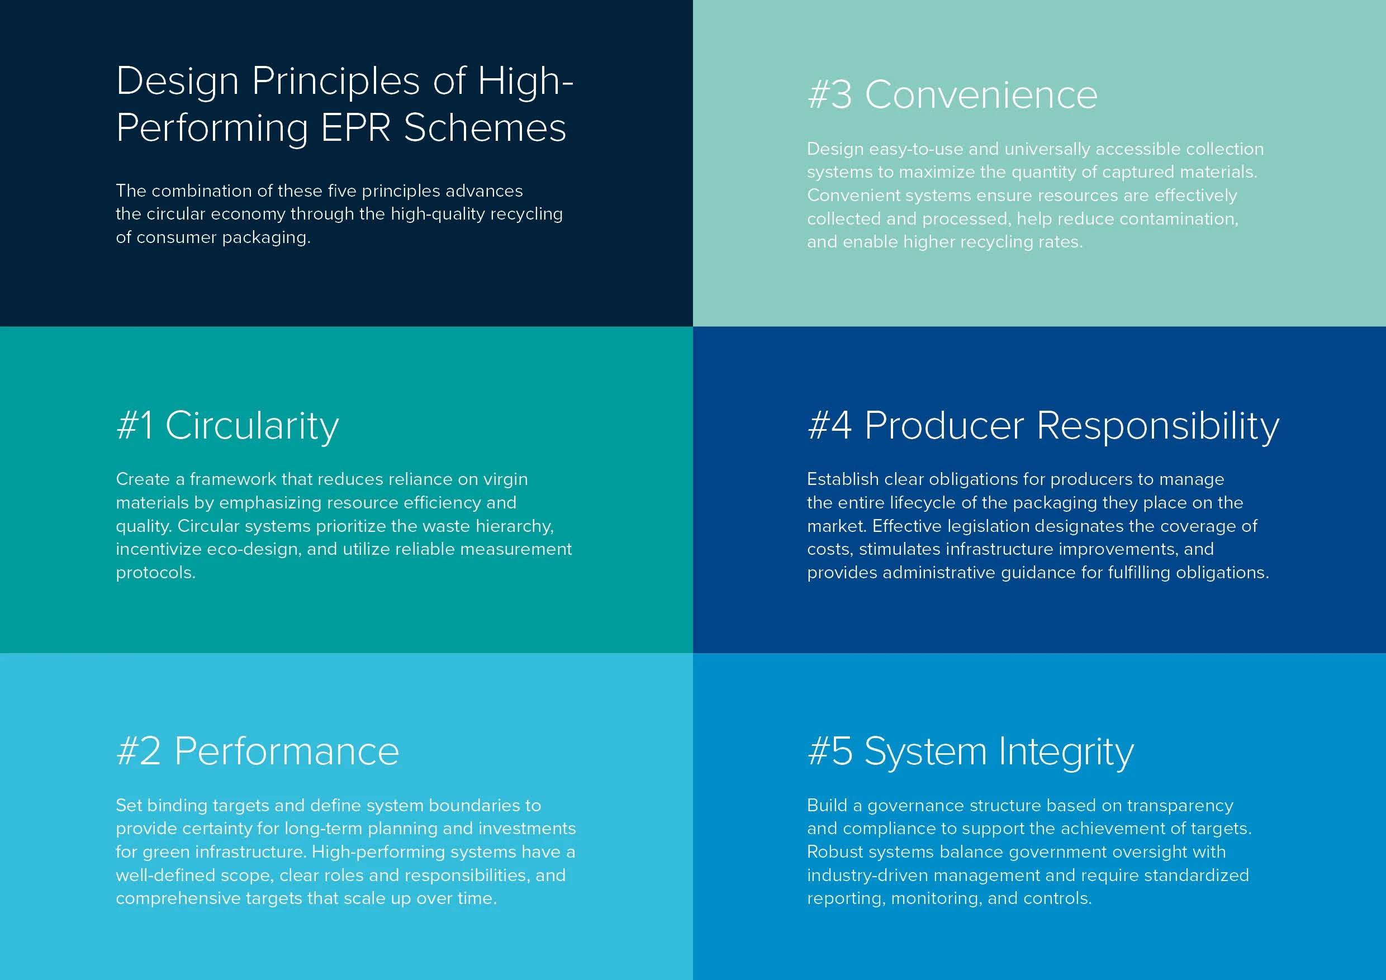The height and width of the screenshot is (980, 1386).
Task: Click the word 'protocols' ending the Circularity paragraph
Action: pos(153,573)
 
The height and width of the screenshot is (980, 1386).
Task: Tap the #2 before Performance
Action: pos(139,751)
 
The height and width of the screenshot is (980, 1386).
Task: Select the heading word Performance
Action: pos(287,751)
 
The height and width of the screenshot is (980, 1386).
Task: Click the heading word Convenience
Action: pos(981,96)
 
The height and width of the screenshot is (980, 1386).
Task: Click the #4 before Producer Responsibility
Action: pos(830,425)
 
